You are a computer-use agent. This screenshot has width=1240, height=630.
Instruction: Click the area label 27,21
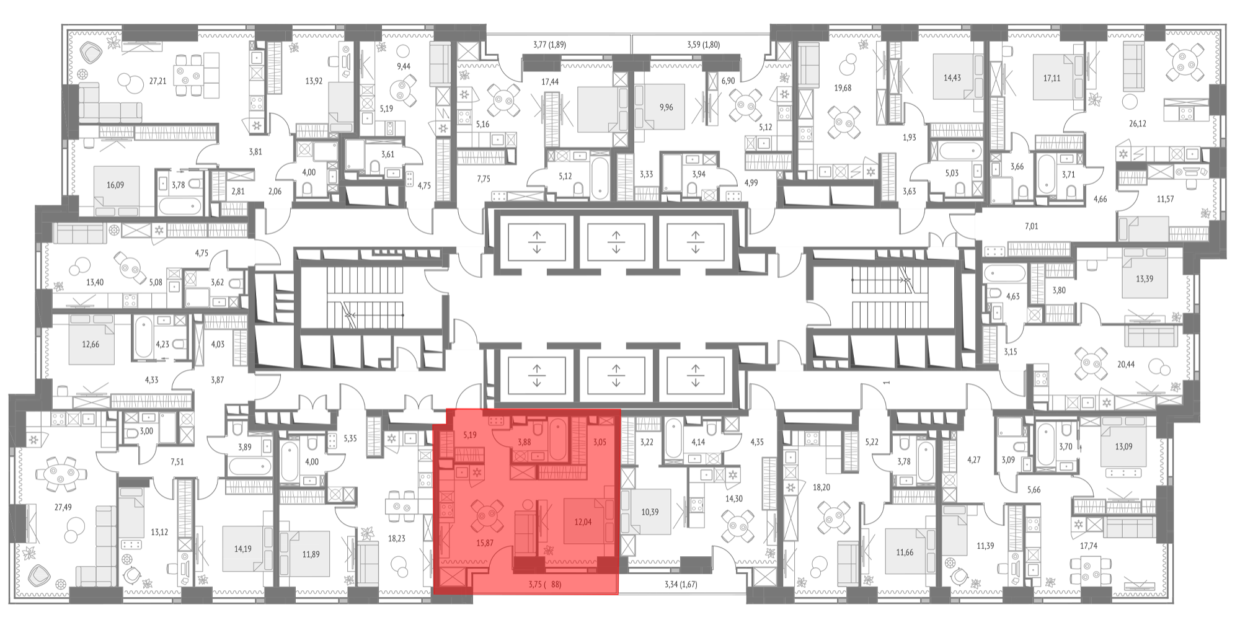click(x=157, y=81)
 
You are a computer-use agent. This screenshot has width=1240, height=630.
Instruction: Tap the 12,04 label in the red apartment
click(x=583, y=522)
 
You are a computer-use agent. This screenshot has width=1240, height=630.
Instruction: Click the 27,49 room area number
click(x=63, y=507)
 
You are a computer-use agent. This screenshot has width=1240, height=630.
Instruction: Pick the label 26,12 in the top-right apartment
click(x=1137, y=123)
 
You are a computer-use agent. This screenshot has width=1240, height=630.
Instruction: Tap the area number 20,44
click(x=1126, y=365)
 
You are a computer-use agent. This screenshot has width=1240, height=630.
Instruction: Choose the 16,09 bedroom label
click(x=115, y=185)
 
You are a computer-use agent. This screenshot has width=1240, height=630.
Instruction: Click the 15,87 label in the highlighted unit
click(x=485, y=543)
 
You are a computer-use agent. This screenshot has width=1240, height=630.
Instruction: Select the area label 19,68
click(x=843, y=88)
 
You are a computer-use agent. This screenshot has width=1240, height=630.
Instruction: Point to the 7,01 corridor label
click(x=1031, y=226)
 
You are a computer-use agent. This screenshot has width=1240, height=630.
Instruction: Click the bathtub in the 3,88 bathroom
click(x=558, y=438)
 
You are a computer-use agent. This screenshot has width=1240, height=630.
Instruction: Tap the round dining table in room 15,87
click(x=484, y=514)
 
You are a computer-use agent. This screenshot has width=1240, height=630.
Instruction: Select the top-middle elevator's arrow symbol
click(x=616, y=242)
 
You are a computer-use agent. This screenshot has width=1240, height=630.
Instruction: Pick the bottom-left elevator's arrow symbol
click(x=537, y=376)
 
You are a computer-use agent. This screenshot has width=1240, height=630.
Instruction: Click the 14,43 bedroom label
click(x=952, y=78)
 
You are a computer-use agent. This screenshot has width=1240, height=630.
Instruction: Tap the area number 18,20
click(x=821, y=487)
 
